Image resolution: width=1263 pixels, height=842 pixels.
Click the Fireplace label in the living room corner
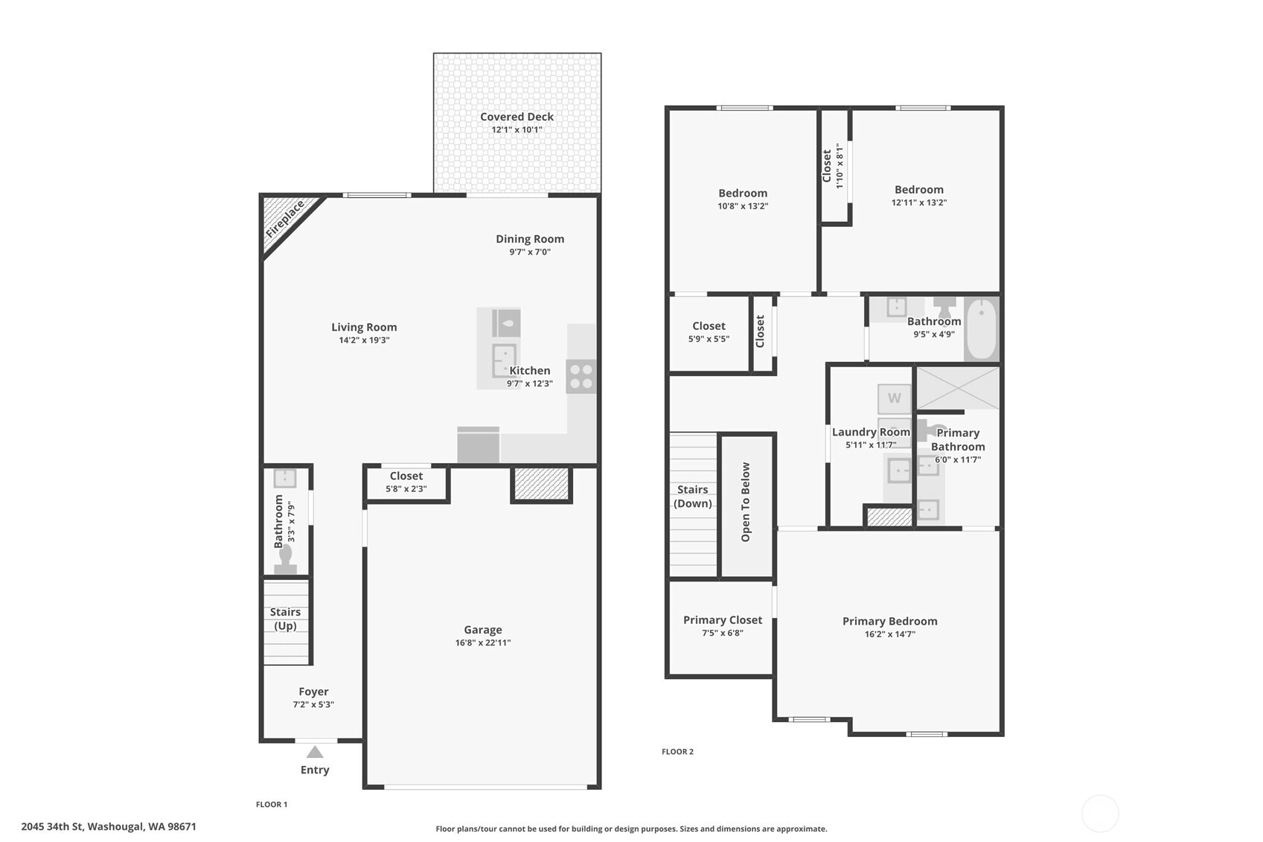(285, 219)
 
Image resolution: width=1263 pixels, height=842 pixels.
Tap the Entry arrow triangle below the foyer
(315, 753)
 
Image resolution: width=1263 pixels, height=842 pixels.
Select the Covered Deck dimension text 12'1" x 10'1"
(517, 130)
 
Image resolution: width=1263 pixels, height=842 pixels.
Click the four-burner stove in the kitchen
(581, 376)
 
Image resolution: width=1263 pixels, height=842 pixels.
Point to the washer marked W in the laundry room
(895, 399)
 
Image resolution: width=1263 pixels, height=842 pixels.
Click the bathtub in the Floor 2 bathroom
(982, 329)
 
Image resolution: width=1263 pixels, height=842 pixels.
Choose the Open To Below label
(746, 503)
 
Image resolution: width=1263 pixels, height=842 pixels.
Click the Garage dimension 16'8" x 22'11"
(483, 643)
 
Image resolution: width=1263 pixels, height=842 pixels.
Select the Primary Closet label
(723, 620)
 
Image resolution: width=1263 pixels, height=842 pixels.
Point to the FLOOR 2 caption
(678, 752)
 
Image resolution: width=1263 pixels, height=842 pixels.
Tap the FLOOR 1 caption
(272, 805)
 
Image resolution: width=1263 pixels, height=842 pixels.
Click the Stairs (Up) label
(285, 619)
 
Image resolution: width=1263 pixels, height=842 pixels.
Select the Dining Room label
(530, 239)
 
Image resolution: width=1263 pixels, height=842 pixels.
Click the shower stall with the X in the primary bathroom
(957, 388)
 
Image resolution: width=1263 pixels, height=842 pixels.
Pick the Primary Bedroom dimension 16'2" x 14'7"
(890, 634)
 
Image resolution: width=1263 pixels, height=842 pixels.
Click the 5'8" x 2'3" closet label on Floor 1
(406, 489)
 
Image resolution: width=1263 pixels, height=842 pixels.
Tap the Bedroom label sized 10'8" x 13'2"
(743, 194)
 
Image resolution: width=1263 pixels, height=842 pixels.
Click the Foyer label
(313, 692)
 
